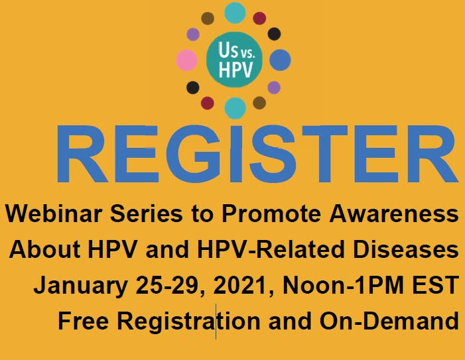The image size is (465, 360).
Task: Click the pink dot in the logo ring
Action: click(187, 60)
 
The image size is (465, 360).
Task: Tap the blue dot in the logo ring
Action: click(280, 60)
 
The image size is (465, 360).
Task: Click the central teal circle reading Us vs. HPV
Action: click(234, 60)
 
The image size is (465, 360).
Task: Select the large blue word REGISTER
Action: click(257, 154)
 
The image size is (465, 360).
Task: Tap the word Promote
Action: click(271, 213)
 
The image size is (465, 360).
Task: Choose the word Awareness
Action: click(394, 213)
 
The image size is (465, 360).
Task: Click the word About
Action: click(45, 249)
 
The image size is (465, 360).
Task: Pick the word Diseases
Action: click(406, 249)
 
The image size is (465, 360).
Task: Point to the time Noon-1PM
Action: click(343, 285)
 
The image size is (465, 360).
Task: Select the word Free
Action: click(84, 321)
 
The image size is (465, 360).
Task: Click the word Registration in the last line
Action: click(188, 322)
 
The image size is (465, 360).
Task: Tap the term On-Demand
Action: click(389, 321)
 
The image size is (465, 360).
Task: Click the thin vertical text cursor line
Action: click(216, 321)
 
